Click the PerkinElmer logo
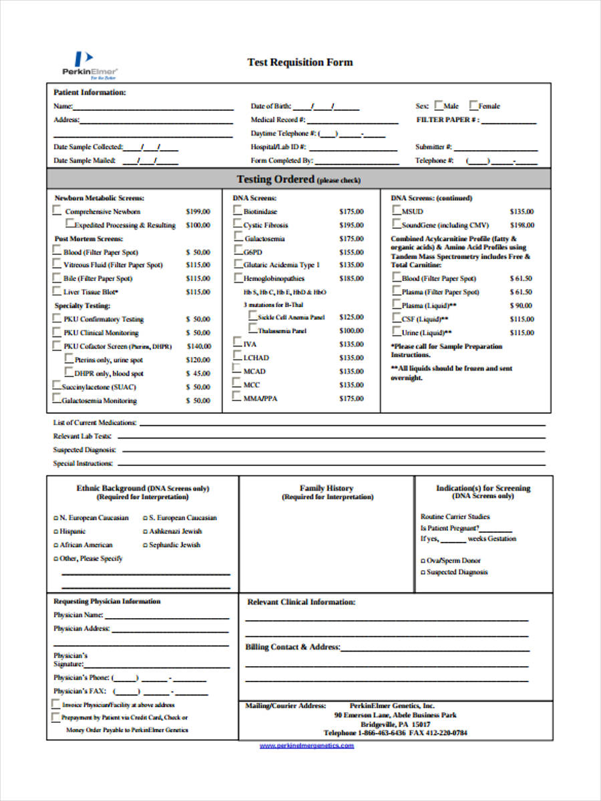click(x=89, y=65)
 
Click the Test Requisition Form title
click(x=300, y=62)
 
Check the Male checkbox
click(x=439, y=105)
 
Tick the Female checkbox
click(x=473, y=105)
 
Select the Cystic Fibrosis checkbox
click(x=238, y=224)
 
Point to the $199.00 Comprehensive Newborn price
click(x=198, y=212)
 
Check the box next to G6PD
click(x=238, y=250)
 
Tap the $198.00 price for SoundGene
click(x=522, y=225)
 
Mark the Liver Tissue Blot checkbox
click(x=57, y=291)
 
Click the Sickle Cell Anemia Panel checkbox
click(x=252, y=315)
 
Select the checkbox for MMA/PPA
click(x=237, y=396)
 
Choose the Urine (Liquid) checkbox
click(x=396, y=331)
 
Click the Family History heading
click(x=326, y=488)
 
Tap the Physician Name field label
click(x=78, y=615)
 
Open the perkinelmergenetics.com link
click(x=307, y=745)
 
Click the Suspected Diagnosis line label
click(x=85, y=450)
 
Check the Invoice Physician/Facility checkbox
click(x=55, y=704)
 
